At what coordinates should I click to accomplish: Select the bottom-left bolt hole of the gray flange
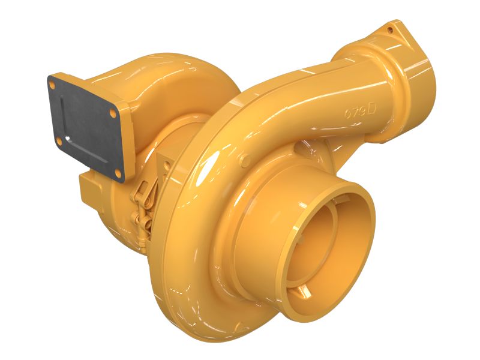[x=58, y=140]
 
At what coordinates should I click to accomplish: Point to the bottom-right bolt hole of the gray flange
[x=118, y=175]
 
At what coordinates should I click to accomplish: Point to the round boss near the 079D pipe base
[x=245, y=160]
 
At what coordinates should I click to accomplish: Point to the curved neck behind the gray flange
[x=156, y=84]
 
